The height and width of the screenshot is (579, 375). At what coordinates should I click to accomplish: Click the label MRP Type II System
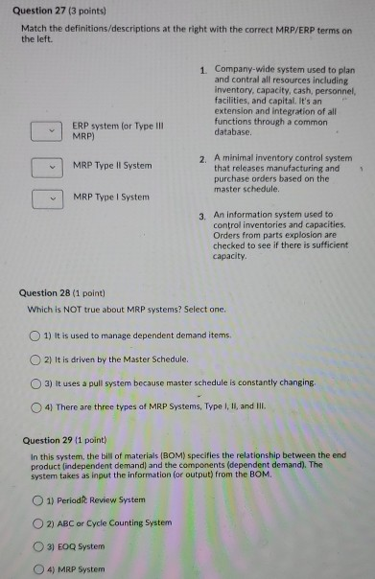point(112,166)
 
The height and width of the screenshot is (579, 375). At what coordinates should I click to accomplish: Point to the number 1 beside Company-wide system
point(204,70)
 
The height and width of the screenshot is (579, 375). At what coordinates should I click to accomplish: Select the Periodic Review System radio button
point(38,500)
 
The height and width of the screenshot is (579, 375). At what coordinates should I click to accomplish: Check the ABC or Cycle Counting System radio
point(38,523)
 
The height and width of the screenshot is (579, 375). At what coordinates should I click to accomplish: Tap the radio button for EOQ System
point(38,547)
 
